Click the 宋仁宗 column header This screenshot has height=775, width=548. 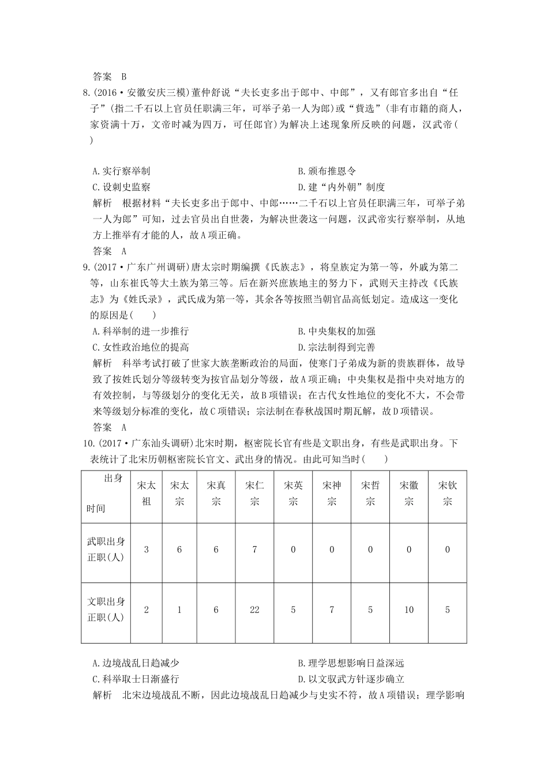(254, 493)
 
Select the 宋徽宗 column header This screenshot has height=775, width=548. (409, 493)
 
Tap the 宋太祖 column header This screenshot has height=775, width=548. (147, 493)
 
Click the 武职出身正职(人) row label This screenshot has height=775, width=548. (106, 550)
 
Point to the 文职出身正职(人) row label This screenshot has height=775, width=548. (106, 610)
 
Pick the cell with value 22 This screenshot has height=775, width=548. (254, 610)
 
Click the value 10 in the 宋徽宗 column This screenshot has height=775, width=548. (409, 610)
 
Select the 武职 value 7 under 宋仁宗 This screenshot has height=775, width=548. (254, 550)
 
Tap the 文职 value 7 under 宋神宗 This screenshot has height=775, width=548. (332, 610)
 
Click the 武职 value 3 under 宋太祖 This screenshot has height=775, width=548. (147, 550)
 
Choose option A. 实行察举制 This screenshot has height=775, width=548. (121, 171)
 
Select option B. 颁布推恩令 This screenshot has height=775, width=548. (327, 171)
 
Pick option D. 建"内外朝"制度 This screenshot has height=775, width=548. (341, 187)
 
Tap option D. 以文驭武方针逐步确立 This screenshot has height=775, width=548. (351, 679)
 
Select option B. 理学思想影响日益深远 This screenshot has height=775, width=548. (351, 664)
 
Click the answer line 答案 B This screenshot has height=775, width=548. (110, 77)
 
